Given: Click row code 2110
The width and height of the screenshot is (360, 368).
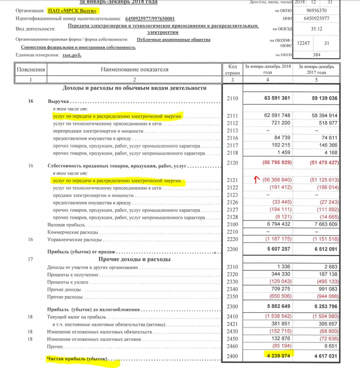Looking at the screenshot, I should (x=232, y=98).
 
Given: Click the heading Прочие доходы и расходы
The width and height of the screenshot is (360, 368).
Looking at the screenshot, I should (x=132, y=259).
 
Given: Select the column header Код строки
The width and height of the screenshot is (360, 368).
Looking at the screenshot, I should (x=232, y=70).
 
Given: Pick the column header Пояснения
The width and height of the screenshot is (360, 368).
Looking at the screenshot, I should (x=31, y=70).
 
